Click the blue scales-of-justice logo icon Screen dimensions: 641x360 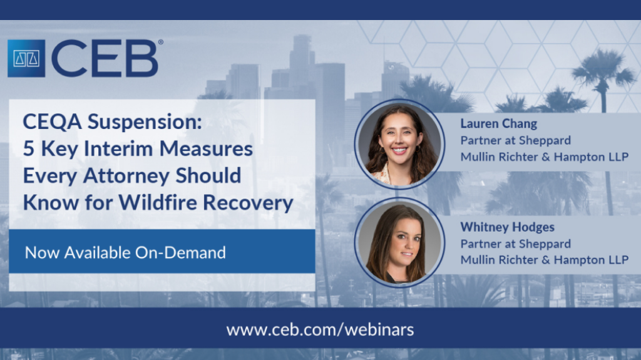point(26,58)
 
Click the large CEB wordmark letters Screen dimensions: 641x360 point(105,58)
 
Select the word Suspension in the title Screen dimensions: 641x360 point(145,122)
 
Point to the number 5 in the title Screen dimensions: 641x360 point(29,148)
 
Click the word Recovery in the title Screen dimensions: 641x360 point(248,203)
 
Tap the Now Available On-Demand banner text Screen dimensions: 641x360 point(125,252)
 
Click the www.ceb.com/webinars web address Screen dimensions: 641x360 point(320,329)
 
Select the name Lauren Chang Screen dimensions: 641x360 point(499,123)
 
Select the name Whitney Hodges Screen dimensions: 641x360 point(507,227)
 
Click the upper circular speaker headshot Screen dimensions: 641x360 point(399,143)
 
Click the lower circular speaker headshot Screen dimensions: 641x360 point(399,242)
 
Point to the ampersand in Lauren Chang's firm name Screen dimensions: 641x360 point(546,157)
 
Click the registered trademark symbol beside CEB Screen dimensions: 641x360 point(161,42)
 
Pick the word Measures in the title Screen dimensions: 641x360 point(206,149)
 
